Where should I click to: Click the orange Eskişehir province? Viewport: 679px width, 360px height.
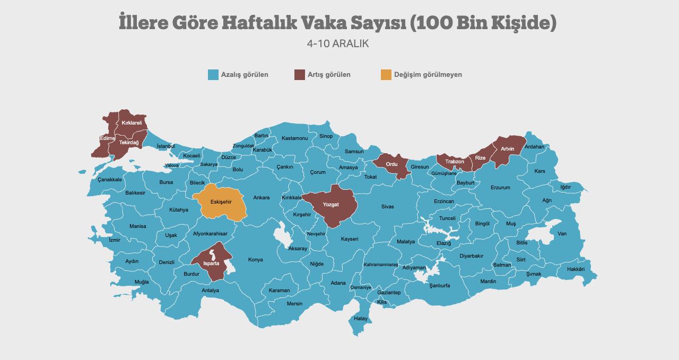point(221,202)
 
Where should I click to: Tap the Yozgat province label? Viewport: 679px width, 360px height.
point(330,204)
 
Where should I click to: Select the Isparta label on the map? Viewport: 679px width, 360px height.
point(211,263)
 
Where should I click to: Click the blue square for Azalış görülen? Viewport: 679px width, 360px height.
point(213,75)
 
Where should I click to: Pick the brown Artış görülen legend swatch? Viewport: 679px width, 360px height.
point(299,75)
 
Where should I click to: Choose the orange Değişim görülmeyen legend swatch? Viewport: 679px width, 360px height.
point(386,75)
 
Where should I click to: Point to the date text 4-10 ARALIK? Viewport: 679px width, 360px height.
point(338,44)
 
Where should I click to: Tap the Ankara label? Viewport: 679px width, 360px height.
point(261,198)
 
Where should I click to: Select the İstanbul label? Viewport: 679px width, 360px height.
point(166,146)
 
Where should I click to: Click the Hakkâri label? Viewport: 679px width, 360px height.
point(576,269)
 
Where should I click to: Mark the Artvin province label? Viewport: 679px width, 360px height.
point(508,149)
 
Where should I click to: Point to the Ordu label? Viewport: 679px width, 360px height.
point(391,164)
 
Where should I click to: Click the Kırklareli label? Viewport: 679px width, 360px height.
point(132,123)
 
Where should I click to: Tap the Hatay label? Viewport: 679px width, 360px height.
point(361,319)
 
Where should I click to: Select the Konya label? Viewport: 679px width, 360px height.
point(255,260)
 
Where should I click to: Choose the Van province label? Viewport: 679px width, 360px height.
point(562,234)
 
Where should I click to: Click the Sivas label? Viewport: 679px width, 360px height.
point(387,207)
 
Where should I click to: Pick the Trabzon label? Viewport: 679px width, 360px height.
point(455,162)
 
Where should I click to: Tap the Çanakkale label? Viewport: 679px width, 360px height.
point(110,180)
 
